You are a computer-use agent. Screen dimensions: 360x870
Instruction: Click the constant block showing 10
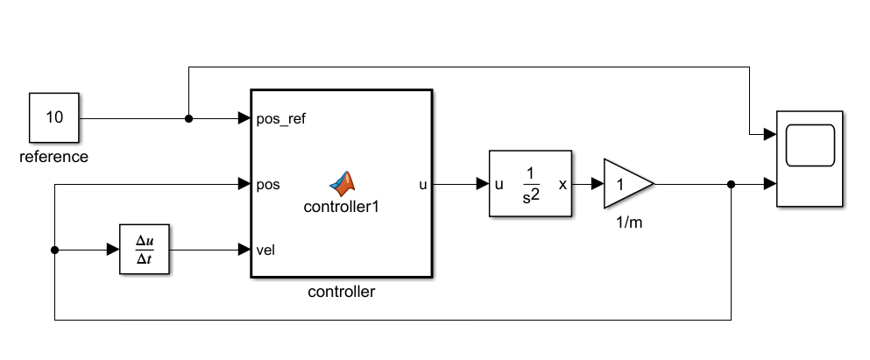pyautogui.click(x=54, y=117)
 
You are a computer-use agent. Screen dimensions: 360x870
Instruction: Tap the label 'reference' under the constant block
pyautogui.click(x=54, y=158)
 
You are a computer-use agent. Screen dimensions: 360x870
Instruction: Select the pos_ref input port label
pyautogui.click(x=281, y=118)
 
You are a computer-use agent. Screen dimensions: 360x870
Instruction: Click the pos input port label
pyautogui.click(x=268, y=185)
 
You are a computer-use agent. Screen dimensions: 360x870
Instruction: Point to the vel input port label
pyautogui.click(x=266, y=251)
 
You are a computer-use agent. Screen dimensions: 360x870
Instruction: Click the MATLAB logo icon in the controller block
pyautogui.click(x=343, y=181)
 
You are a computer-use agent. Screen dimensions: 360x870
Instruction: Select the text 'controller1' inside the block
pyautogui.click(x=342, y=207)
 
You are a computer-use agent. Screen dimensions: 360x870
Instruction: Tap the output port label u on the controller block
pyautogui.click(x=423, y=185)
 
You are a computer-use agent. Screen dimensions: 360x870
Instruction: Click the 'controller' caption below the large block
pyautogui.click(x=342, y=292)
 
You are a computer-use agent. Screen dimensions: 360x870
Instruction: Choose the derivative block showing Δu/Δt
pyautogui.click(x=143, y=250)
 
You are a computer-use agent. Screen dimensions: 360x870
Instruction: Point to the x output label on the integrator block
pyautogui.click(x=562, y=185)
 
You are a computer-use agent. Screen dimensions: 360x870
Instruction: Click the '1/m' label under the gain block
pyautogui.click(x=628, y=223)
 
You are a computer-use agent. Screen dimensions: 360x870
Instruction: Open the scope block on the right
pyautogui.click(x=810, y=159)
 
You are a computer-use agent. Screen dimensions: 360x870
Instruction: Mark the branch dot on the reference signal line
pyautogui.click(x=188, y=118)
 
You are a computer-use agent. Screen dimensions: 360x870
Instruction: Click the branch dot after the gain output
pyautogui.click(x=732, y=185)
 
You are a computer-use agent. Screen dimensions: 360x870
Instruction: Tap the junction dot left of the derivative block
pyautogui.click(x=54, y=251)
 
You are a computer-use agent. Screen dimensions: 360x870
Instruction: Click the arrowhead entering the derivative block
pyautogui.click(x=113, y=251)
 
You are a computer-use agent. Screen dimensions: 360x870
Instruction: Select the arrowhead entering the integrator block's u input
pyautogui.click(x=483, y=185)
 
